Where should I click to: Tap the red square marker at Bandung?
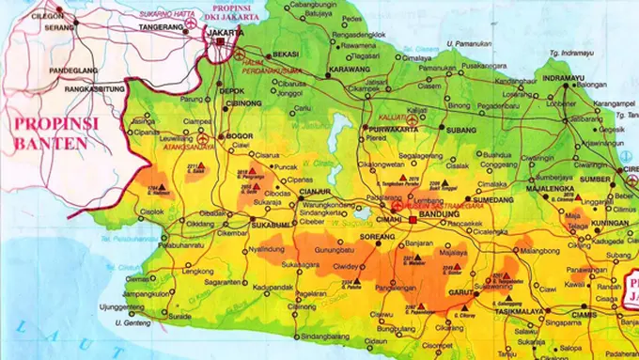[413, 219]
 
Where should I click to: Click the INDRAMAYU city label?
[564, 79]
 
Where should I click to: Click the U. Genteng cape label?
[132, 322]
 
